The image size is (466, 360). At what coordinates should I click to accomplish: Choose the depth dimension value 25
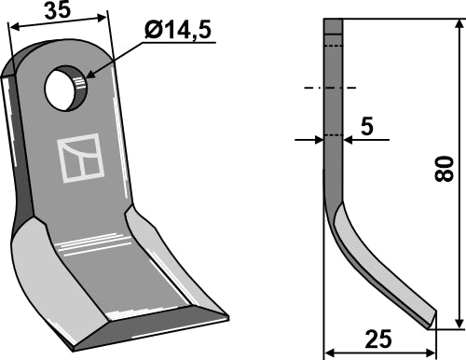(377, 337)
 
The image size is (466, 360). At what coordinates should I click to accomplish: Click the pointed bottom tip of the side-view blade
(432, 323)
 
